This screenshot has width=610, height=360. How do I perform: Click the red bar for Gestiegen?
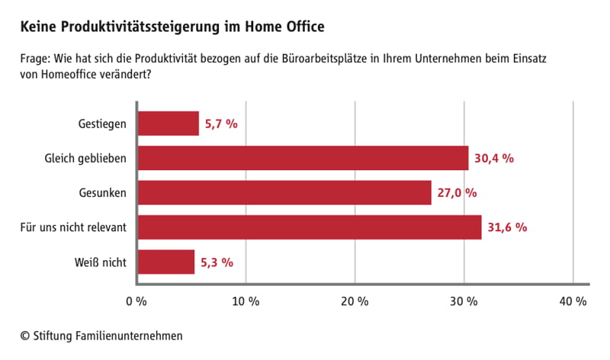[169, 124]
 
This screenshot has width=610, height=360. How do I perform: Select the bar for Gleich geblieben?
[303, 158]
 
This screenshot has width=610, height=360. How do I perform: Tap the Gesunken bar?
[284, 192]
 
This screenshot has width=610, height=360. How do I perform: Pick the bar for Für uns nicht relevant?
[310, 227]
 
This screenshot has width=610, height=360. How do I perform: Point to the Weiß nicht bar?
[166, 262]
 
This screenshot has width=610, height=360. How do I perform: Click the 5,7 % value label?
[221, 124]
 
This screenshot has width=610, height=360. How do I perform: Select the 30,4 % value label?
[494, 159]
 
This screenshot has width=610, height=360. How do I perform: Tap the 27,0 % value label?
[457, 193]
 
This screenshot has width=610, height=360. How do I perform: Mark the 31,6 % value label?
[507, 227]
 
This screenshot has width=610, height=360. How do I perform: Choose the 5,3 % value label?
[217, 262]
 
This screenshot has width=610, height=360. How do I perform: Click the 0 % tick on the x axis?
[136, 301]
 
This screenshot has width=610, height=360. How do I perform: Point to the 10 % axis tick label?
[246, 301]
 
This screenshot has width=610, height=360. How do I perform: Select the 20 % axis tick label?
[355, 301]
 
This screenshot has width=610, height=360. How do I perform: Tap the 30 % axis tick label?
[464, 301]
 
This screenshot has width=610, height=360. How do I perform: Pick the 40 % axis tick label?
[573, 301]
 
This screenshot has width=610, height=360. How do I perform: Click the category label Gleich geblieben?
[85, 159]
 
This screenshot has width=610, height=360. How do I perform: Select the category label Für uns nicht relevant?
[73, 227]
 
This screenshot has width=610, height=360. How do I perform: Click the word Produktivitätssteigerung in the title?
[140, 27]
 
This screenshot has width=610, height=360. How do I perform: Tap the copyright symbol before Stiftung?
[25, 336]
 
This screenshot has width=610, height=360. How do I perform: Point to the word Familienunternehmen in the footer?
[129, 336]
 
